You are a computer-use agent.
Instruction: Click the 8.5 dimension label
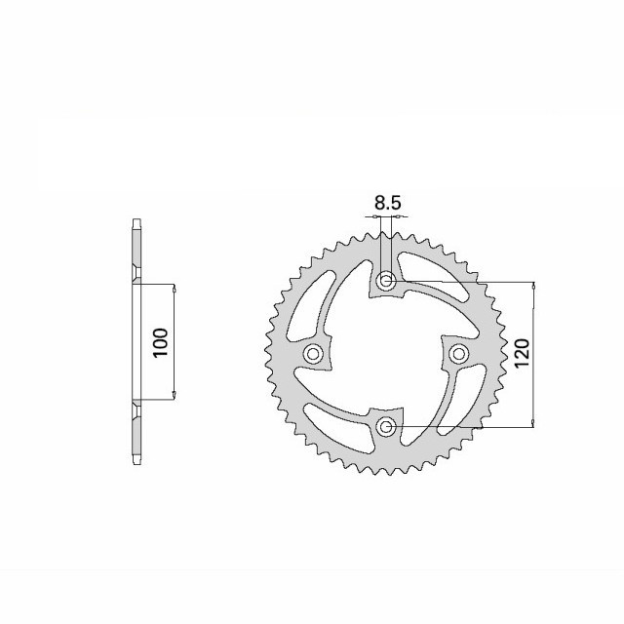(x=386, y=204)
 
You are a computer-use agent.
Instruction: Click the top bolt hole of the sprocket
(x=387, y=282)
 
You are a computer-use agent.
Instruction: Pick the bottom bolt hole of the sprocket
(x=387, y=426)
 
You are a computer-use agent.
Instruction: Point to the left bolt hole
(x=314, y=354)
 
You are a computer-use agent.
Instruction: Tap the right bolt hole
(x=459, y=353)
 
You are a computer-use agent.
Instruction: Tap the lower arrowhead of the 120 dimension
(x=532, y=421)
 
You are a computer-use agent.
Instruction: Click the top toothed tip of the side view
(x=136, y=225)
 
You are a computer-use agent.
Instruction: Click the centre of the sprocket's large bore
(x=387, y=354)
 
